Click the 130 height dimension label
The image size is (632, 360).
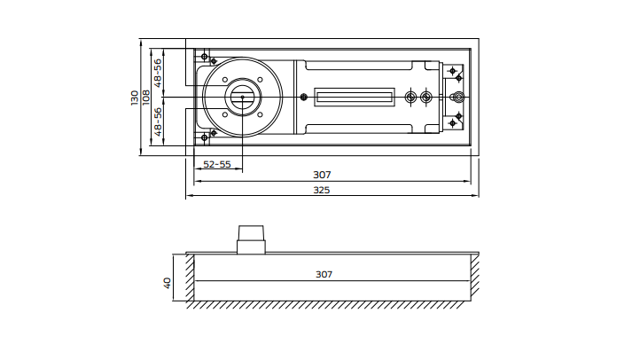(135, 98)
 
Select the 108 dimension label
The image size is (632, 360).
(146, 98)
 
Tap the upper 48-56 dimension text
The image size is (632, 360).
(158, 73)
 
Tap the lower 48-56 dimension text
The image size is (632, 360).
(158, 121)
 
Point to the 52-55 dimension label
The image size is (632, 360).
(217, 164)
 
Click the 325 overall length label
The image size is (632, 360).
(322, 190)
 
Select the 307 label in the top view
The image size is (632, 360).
(322, 175)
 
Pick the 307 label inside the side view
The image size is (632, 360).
(324, 274)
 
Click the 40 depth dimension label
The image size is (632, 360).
(168, 283)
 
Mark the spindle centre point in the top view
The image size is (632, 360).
(242, 98)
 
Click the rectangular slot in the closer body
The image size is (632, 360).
(355, 98)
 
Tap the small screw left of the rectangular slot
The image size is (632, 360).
(304, 98)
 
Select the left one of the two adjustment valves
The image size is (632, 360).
(410, 98)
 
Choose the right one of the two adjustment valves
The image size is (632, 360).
(426, 98)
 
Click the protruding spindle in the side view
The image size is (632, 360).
(251, 239)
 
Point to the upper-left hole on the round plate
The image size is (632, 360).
(225, 80)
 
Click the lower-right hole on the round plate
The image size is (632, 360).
(260, 115)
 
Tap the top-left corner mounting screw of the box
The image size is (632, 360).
(205, 57)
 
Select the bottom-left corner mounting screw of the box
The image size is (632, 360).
(205, 137)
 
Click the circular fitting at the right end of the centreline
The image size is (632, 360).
(458, 98)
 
